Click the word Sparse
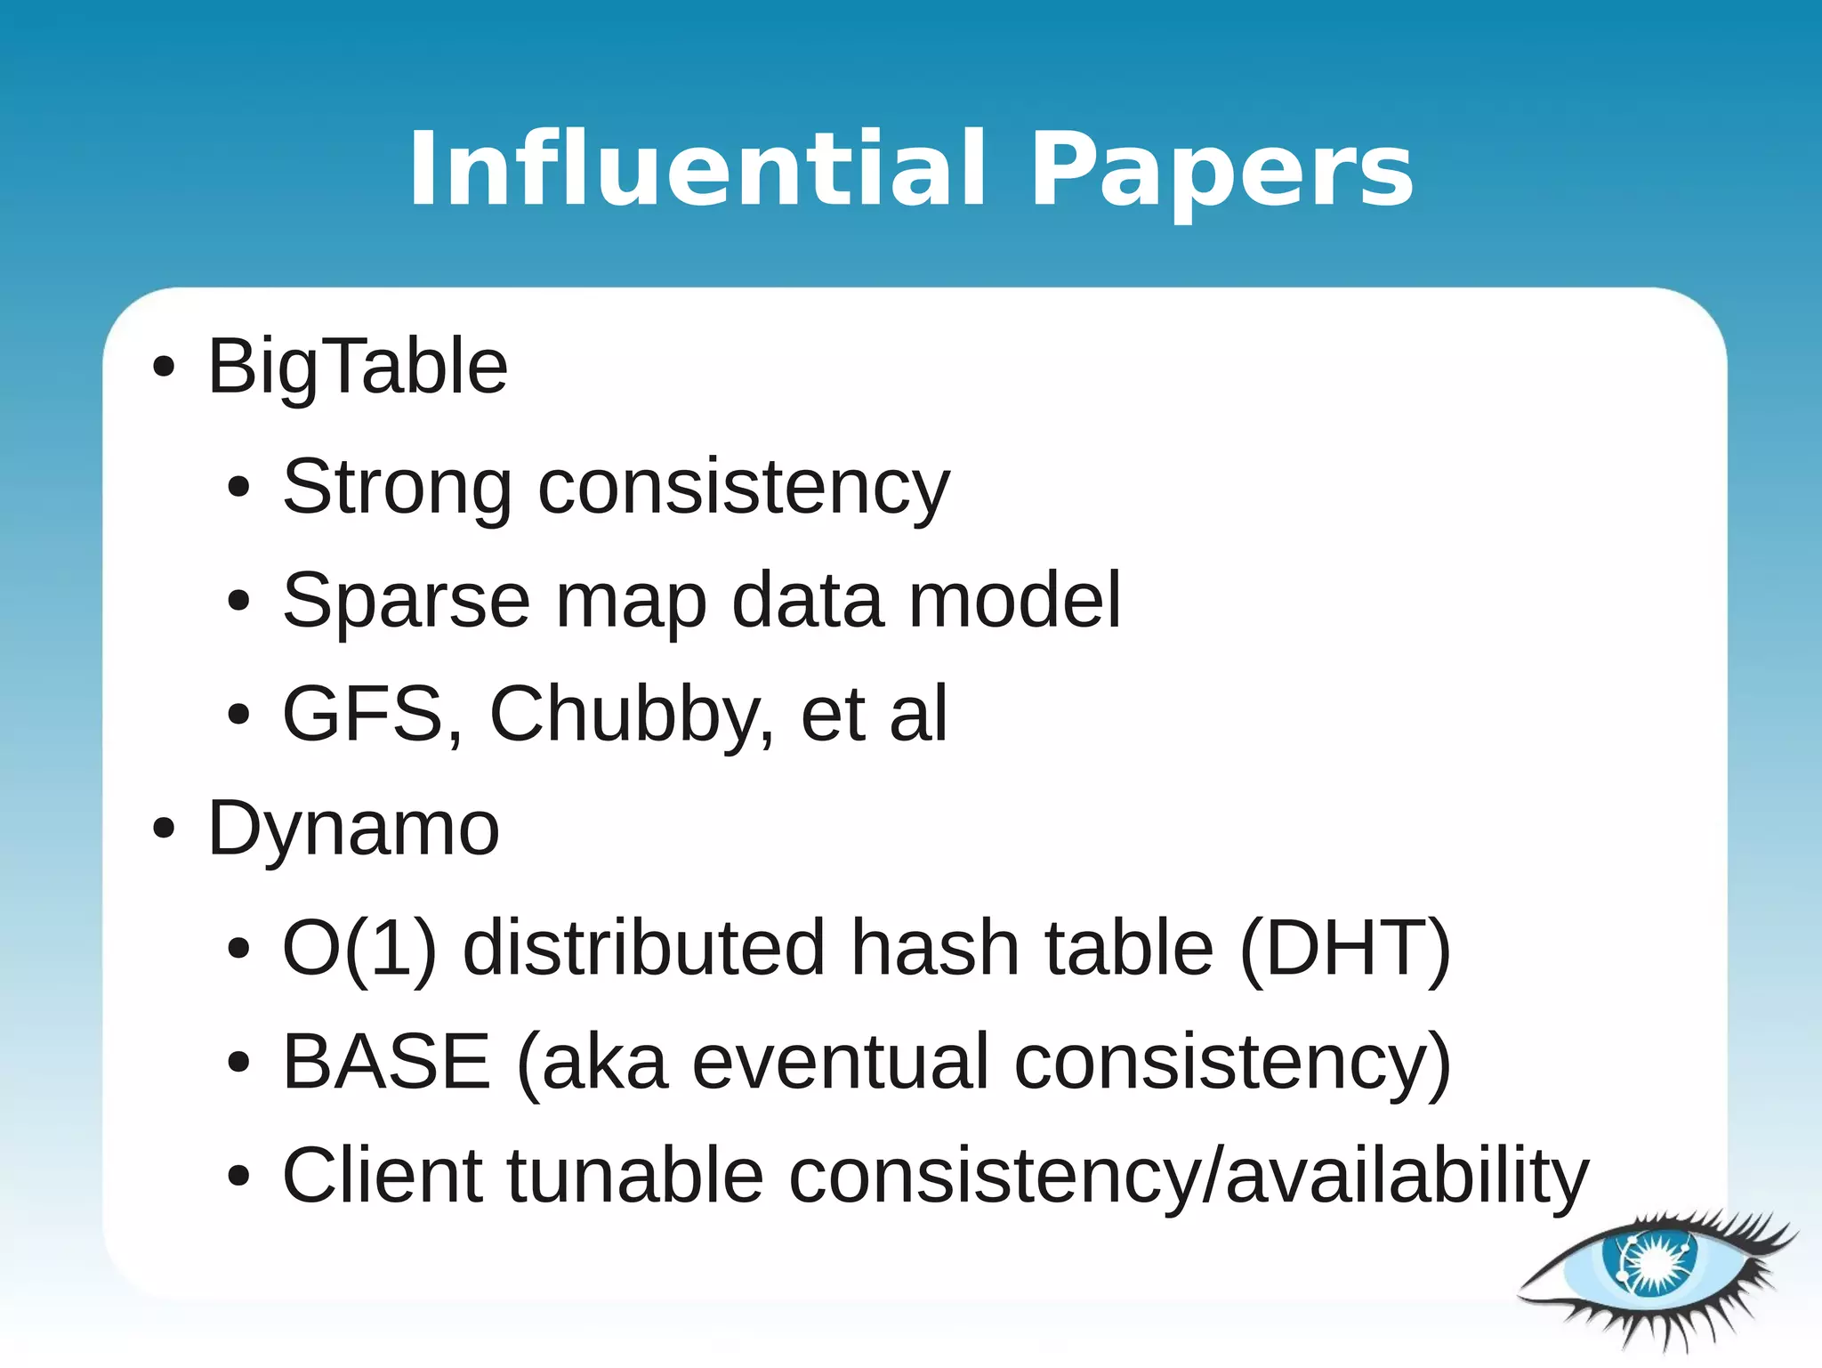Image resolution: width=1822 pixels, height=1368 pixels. (x=406, y=601)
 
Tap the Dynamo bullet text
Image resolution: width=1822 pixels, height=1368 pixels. (x=353, y=829)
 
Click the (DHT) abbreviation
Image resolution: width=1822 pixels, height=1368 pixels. (x=1345, y=948)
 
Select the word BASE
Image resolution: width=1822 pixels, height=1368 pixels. (x=386, y=1061)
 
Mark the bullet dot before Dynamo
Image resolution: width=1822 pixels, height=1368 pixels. (x=164, y=829)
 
